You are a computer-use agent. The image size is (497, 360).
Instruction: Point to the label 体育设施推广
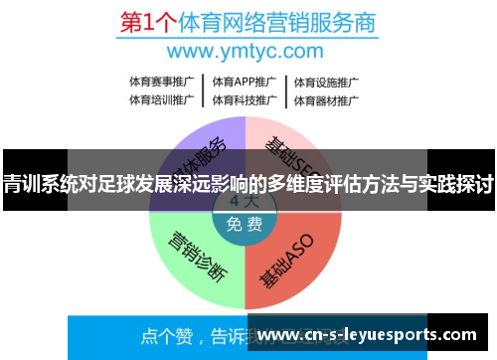326,82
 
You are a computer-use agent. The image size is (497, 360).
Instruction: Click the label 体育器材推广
326,99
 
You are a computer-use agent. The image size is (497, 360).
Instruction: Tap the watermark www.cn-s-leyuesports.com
374,335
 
